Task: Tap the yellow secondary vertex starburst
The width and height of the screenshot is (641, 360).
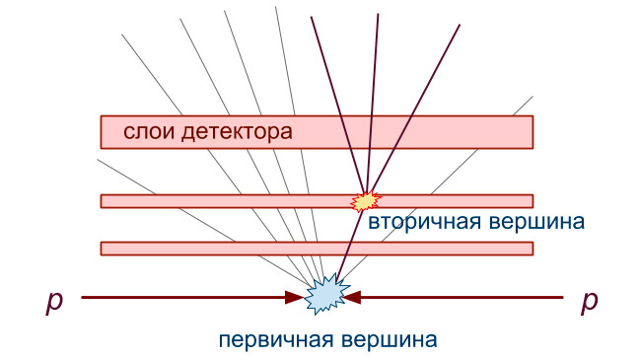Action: tap(365, 200)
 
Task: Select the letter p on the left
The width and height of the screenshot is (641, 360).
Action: tap(55, 301)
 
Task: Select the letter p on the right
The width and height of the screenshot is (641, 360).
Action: tap(589, 301)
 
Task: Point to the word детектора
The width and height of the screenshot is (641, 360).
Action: tap(237, 131)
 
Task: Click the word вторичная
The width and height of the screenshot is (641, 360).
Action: tap(425, 221)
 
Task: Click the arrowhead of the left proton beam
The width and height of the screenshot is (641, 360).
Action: tap(295, 296)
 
